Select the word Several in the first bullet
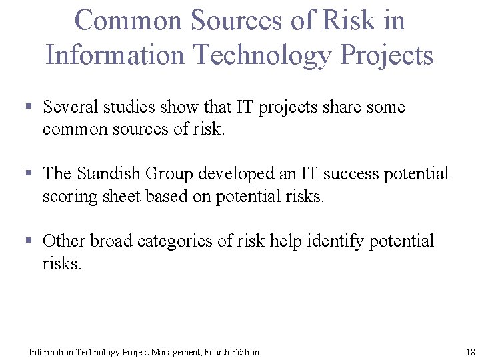coord(71,107)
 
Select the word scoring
coord(67,197)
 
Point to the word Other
coord(64,241)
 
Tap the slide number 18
coord(470,352)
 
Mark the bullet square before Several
coord(29,107)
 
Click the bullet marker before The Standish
coord(29,173)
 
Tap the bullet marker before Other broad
coord(29,240)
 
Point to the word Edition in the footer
coord(243,352)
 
